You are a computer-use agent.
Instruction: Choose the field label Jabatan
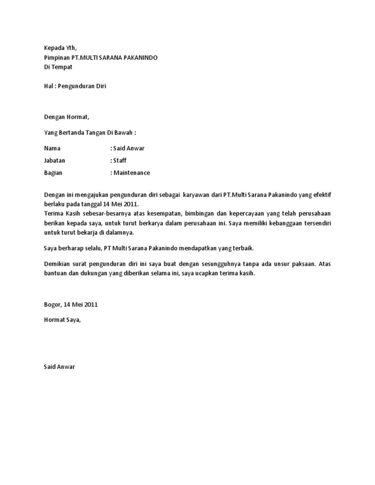coord(55,160)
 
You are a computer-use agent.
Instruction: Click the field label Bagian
coord(53,173)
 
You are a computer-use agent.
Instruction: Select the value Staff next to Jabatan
coord(120,160)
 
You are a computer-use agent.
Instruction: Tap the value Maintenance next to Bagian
coord(132,173)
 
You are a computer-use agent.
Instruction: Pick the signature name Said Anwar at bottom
coord(60,366)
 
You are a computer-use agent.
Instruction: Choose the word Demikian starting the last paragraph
coord(58,264)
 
